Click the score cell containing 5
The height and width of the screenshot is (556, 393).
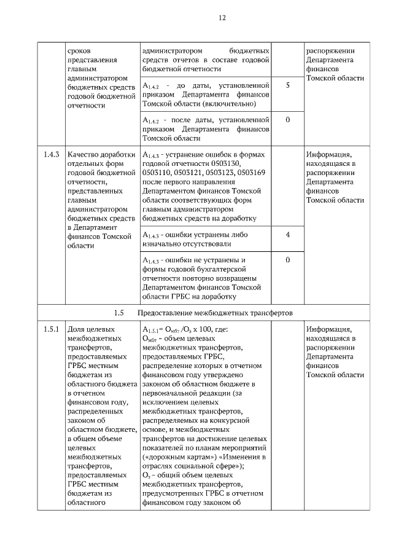(287, 85)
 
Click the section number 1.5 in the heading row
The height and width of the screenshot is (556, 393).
(119, 313)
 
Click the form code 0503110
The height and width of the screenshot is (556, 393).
(156, 173)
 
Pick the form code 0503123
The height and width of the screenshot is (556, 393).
(220, 173)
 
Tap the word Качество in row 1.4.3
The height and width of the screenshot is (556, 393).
(85, 155)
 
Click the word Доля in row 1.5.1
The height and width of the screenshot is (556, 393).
(78, 329)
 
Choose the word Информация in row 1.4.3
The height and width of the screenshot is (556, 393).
(329, 155)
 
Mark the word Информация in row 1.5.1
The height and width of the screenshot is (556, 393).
(329, 329)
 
